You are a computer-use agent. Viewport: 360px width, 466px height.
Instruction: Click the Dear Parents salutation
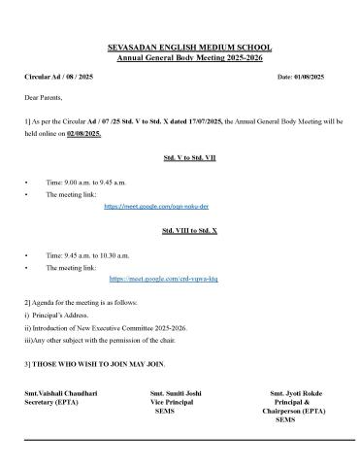point(44,99)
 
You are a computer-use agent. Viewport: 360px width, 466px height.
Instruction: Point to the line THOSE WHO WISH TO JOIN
point(96,363)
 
